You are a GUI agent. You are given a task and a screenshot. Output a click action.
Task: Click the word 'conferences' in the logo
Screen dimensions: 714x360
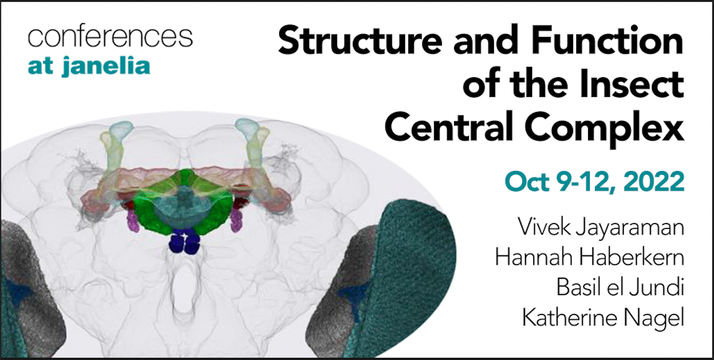tap(110, 37)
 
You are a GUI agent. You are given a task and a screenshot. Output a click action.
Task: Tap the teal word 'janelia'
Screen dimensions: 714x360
tap(106, 66)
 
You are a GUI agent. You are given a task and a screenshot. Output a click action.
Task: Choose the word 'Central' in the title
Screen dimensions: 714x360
tap(449, 127)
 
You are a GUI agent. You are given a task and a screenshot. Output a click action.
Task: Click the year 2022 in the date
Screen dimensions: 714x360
tap(654, 182)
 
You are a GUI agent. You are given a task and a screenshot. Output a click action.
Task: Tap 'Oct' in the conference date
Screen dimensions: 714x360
tap(527, 182)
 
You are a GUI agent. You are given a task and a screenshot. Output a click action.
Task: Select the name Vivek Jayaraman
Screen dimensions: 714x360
tap(601, 228)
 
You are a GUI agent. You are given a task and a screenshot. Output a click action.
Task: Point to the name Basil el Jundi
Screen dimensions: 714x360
tap(620, 287)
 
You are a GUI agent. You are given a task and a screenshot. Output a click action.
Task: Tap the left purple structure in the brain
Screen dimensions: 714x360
tap(133, 220)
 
